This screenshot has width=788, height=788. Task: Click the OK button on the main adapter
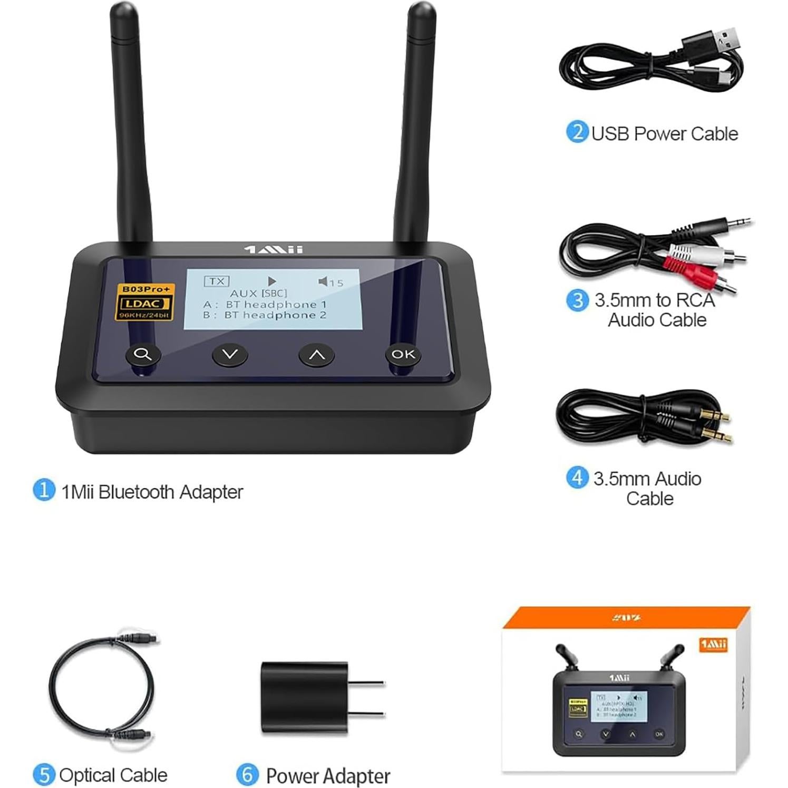click(x=403, y=354)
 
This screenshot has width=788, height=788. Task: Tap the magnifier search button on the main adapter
click(x=143, y=354)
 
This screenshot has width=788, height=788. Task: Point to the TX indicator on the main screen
click(x=217, y=281)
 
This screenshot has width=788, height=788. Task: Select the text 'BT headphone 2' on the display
click(x=275, y=315)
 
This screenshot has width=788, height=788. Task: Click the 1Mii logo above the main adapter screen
click(x=274, y=249)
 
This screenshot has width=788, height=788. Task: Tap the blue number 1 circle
click(x=44, y=490)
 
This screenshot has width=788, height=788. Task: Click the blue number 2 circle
click(x=577, y=132)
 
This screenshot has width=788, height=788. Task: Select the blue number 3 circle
click(x=577, y=300)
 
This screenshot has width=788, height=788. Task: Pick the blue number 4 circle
click(x=577, y=478)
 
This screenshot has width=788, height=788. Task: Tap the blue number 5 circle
click(x=44, y=775)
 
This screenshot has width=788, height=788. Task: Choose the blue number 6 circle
click(x=247, y=775)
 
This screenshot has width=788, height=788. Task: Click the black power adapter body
click(x=304, y=697)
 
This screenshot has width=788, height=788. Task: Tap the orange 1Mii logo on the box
click(x=713, y=645)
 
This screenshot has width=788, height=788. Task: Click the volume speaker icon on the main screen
click(x=323, y=281)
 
